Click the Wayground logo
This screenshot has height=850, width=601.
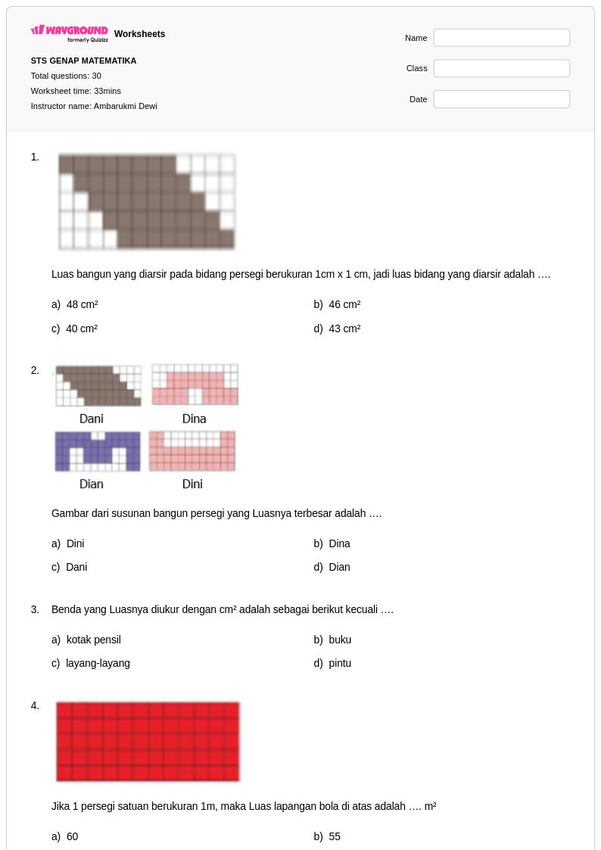(x=70, y=33)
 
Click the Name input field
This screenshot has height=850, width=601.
(x=501, y=38)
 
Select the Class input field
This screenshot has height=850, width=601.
(x=501, y=68)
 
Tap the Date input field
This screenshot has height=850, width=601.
(x=501, y=99)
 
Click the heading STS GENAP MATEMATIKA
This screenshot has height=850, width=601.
(x=83, y=61)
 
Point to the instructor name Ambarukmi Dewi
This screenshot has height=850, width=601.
(x=125, y=106)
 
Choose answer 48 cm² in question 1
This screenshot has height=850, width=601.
(x=82, y=305)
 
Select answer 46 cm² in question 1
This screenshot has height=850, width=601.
(x=344, y=305)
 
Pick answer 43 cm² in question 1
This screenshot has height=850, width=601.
(x=344, y=328)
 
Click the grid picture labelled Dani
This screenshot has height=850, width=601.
(x=98, y=385)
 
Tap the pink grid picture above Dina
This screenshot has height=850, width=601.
(x=195, y=385)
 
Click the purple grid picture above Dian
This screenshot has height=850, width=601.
(x=98, y=451)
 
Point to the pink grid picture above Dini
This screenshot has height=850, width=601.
(x=192, y=451)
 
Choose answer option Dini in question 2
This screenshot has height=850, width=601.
(x=76, y=543)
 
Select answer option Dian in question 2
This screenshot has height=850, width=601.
(x=339, y=567)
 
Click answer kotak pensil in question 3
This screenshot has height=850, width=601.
(x=94, y=640)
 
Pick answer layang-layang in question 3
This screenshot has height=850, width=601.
(x=98, y=664)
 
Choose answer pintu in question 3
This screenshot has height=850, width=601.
(x=340, y=664)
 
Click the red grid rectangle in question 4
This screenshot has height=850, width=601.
(x=148, y=742)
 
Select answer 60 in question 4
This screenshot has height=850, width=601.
(x=72, y=836)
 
